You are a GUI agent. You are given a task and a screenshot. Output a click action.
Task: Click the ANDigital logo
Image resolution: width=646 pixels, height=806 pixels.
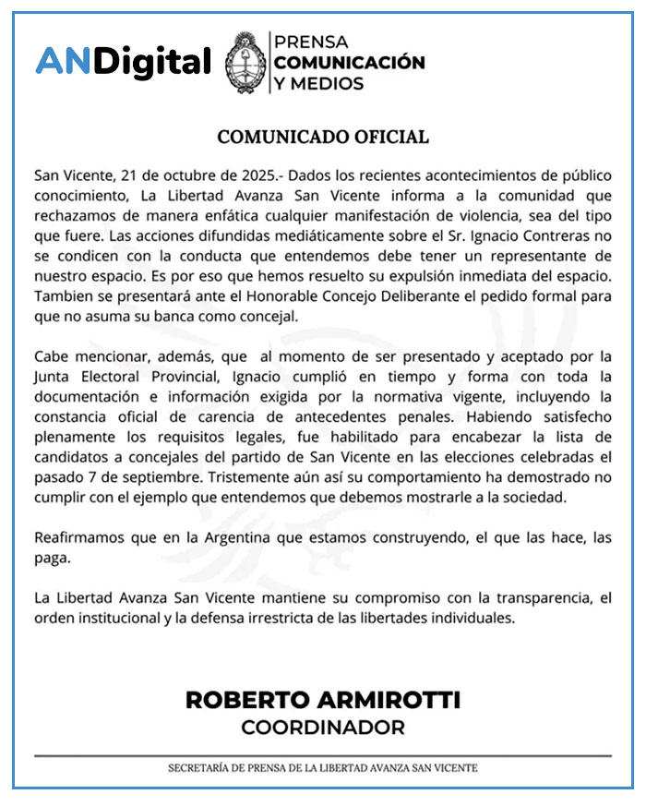(123, 63)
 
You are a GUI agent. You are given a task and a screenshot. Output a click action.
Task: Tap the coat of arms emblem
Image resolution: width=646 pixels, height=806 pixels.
(245, 63)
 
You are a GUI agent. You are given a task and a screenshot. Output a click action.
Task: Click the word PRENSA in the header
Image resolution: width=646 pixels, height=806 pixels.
(310, 42)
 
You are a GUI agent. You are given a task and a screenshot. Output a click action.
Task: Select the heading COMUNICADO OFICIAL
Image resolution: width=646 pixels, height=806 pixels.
(323, 137)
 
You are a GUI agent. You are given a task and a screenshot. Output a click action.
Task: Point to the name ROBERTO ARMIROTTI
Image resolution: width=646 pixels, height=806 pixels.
(323, 699)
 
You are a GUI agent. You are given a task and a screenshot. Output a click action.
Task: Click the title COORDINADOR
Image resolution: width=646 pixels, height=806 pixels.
(323, 728)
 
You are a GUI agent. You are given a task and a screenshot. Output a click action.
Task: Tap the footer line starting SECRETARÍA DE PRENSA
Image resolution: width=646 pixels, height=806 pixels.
(323, 768)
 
